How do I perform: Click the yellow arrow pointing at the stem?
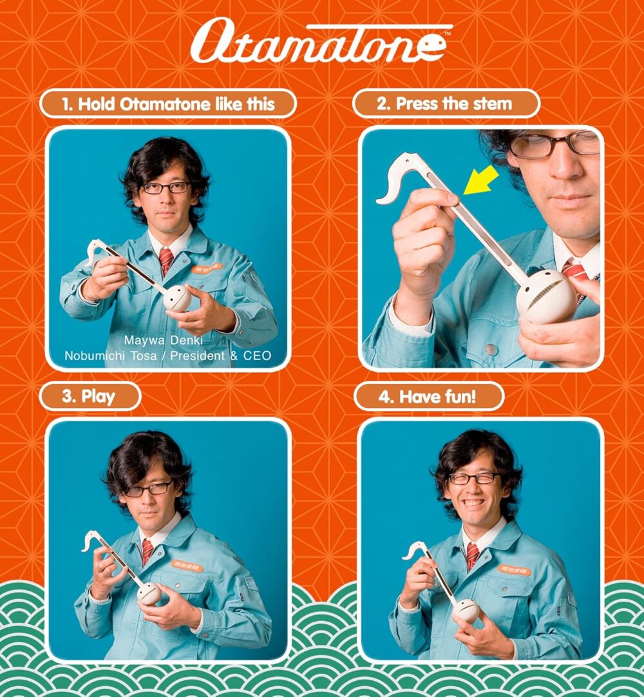[x=480, y=180]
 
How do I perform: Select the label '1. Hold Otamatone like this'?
[x=168, y=104]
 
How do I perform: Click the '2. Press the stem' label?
[x=445, y=104]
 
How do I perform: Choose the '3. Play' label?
[x=90, y=396]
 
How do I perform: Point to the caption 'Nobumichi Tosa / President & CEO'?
[x=168, y=356]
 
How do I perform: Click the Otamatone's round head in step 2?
[x=547, y=296]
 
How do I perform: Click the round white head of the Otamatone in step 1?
[x=176, y=298]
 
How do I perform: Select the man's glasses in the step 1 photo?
[x=166, y=188]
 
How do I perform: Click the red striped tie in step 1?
[x=166, y=260]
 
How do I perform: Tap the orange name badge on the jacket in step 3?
[x=187, y=565]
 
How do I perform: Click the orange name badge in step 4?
[x=515, y=569]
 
